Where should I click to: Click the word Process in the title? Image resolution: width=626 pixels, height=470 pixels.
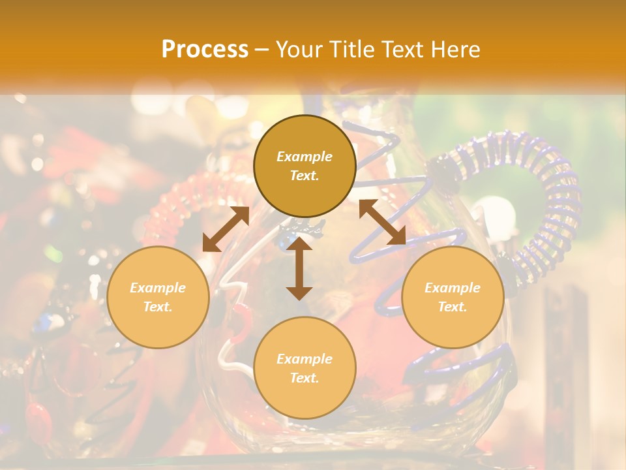coord(205,50)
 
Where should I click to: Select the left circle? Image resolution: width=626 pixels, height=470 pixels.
coord(158,297)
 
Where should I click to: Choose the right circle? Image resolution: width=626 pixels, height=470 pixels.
coord(453,297)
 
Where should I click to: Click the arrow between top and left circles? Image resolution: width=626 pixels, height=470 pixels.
coord(226,228)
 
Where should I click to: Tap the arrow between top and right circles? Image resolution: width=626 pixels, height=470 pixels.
coord(382,223)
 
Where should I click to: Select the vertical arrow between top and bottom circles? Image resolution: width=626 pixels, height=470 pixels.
coord(299,268)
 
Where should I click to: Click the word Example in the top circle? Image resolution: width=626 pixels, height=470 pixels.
coord(305,157)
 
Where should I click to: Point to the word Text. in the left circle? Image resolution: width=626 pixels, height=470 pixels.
coord(158,307)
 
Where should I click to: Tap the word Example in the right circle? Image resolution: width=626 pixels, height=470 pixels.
coord(453,288)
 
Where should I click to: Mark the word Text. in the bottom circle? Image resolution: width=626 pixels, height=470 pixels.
coord(305,378)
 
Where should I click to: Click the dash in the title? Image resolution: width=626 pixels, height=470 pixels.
coord(262,50)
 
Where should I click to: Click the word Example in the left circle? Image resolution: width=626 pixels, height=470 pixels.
coord(158,288)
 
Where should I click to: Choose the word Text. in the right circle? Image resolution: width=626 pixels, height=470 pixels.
coord(453,307)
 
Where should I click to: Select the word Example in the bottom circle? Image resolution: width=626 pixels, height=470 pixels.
coord(305,359)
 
